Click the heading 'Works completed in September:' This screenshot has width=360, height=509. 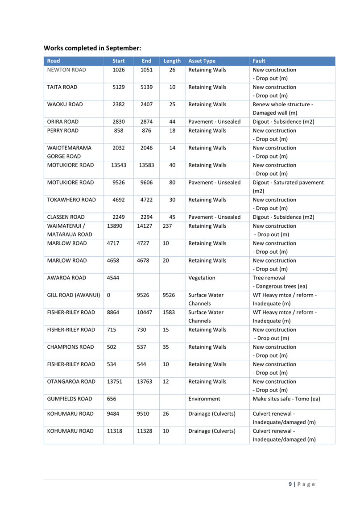92,47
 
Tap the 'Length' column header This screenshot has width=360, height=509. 172,61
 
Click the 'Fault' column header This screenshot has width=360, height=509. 259,61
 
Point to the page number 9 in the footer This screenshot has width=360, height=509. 291,484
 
